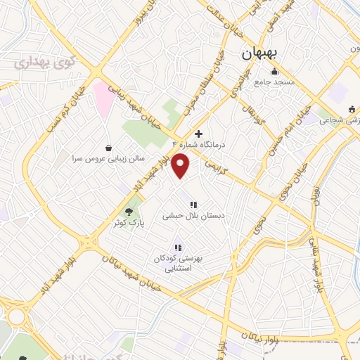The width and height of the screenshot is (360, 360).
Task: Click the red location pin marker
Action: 181,164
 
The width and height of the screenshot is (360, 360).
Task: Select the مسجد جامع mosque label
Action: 274,83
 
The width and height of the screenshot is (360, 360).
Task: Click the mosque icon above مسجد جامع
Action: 274,72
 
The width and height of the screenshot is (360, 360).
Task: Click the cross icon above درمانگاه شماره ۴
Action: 198,133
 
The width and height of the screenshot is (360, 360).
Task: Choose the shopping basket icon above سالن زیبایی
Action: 108,148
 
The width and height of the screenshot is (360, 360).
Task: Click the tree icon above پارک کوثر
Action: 128,210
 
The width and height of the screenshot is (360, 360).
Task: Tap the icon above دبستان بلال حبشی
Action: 193,205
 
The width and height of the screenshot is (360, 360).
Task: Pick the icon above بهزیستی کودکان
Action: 178,247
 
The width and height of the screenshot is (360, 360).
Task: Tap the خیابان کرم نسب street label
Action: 65,109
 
